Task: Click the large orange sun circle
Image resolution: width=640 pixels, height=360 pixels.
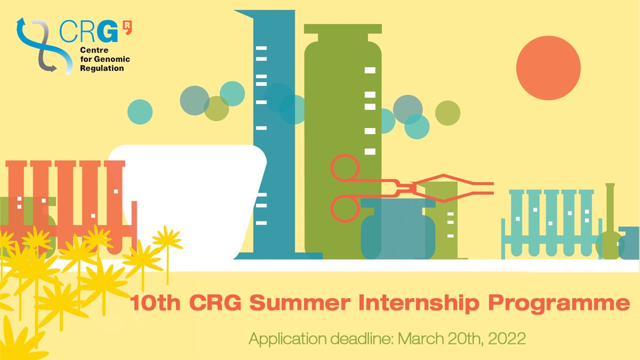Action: click(548, 68)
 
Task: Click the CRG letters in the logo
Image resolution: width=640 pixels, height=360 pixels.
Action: click(88, 33)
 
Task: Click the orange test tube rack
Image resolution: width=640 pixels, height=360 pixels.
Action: click(69, 203)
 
